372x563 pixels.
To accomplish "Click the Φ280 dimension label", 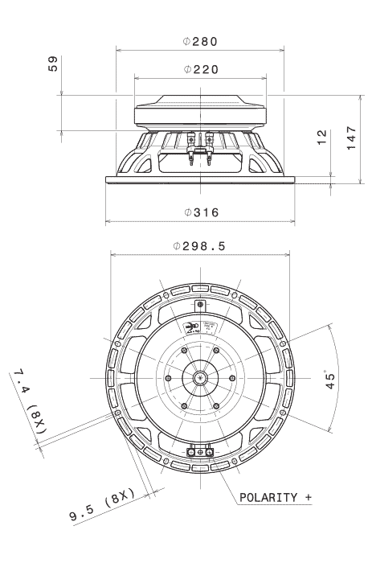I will click(x=199, y=40).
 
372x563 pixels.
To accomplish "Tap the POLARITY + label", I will click(x=274, y=497).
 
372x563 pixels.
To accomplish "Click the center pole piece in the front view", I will click(x=199, y=376).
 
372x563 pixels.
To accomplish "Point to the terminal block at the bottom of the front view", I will click(x=199, y=453).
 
